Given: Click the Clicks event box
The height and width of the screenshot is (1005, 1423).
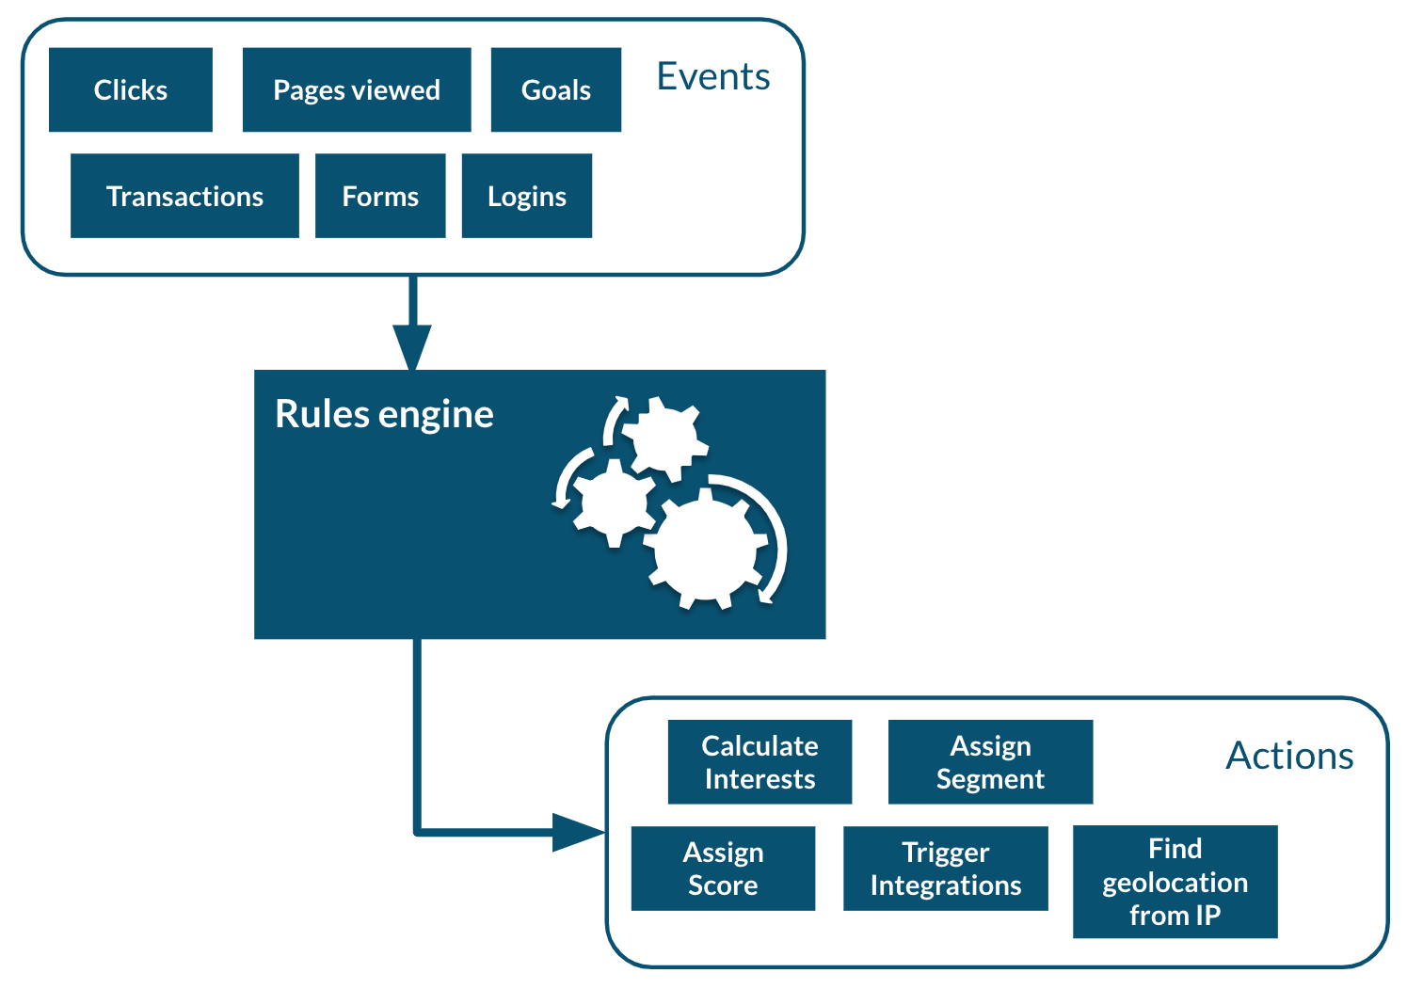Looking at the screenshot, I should point(130,90).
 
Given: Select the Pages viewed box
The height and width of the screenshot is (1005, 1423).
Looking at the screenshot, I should point(357,90).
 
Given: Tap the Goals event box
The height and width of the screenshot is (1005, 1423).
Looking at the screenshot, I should point(556,90).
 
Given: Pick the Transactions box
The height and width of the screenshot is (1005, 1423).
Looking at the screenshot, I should point(184,196).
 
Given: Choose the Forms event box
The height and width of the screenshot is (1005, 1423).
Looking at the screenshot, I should point(380,196).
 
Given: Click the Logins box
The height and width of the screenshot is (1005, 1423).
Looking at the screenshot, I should point(527,196).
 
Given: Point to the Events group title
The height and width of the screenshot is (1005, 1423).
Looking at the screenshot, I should point(713,76).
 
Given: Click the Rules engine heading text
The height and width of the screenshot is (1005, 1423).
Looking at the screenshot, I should point(384,414).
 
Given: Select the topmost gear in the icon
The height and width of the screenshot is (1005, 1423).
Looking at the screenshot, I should point(664,437).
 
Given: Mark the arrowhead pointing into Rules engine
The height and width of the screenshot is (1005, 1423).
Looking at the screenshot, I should point(412,347).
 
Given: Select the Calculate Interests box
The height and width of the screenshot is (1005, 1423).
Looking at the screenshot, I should point(759,762).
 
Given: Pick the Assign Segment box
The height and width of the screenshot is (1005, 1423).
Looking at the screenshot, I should point(990,762).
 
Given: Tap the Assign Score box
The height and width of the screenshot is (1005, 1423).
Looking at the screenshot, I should point(723,869).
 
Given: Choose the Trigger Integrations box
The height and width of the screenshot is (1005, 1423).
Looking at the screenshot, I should point(945,869).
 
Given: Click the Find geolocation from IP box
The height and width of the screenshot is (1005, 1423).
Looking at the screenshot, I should point(1175,882).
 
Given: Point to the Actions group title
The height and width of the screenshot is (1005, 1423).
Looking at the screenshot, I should point(1289,756).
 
